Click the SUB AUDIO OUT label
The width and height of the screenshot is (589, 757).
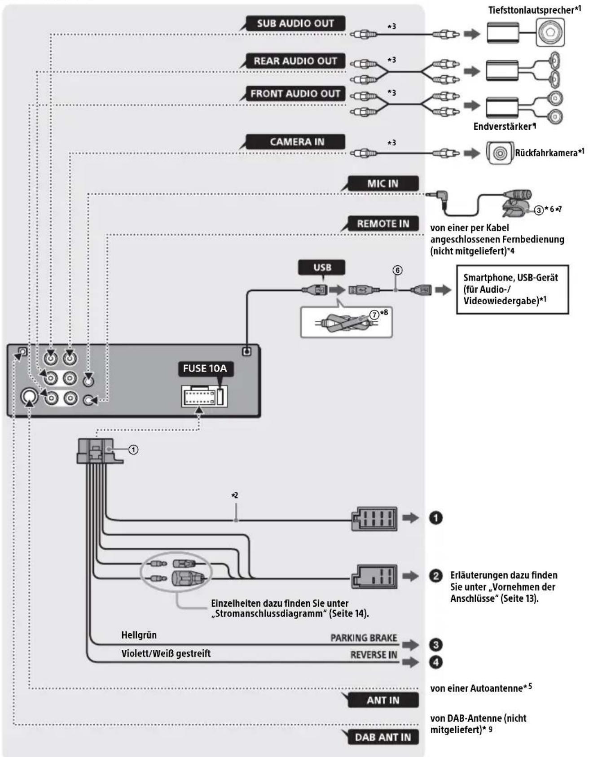[x=295, y=23]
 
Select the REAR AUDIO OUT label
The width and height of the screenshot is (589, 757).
[x=295, y=61]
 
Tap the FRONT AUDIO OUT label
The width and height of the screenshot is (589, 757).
[x=295, y=94]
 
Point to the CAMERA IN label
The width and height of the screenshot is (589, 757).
[x=297, y=142]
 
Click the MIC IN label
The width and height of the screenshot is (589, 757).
[x=383, y=184]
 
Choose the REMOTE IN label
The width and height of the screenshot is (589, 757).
[x=383, y=223]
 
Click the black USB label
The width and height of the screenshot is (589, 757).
[x=322, y=267]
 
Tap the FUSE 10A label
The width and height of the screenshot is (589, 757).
[x=205, y=368]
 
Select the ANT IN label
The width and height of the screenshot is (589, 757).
[x=383, y=700]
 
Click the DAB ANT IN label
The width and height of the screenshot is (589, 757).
[x=383, y=737]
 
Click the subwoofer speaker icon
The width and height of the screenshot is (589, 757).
[x=550, y=33]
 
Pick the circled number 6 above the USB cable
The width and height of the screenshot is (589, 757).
[x=397, y=270]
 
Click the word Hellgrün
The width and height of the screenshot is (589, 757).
[x=139, y=635]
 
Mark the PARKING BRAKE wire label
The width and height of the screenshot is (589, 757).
[x=364, y=638]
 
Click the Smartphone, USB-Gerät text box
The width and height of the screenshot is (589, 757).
[x=513, y=289]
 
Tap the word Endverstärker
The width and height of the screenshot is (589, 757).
[x=502, y=127]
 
